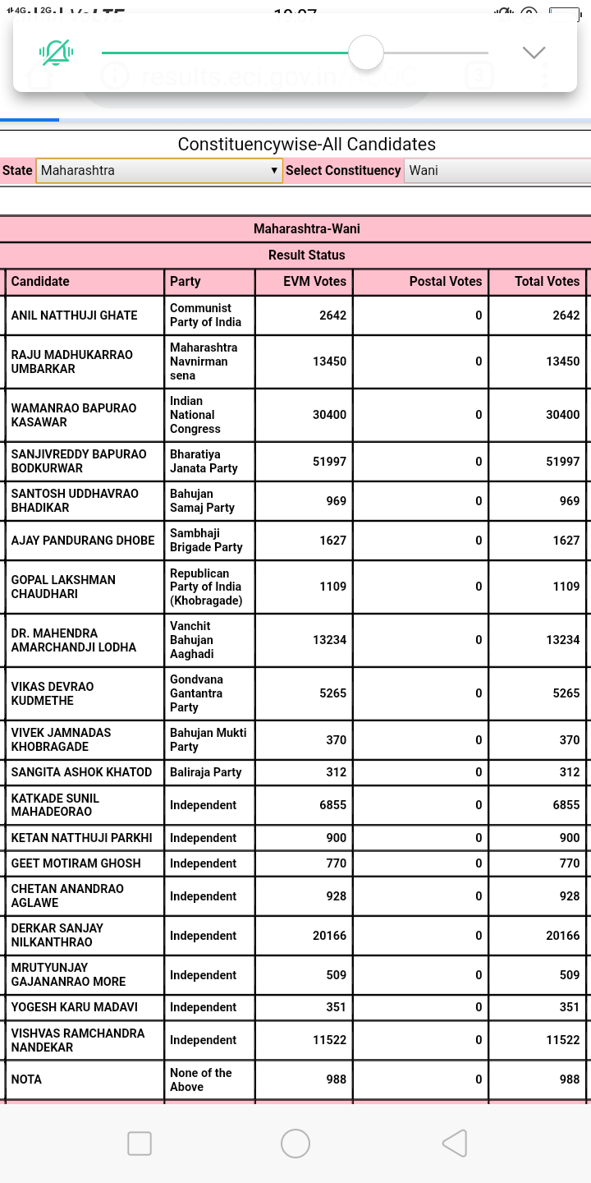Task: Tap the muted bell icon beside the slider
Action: pos(56,53)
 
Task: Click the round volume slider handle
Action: pos(366,53)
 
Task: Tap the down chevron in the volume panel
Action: pos(534,53)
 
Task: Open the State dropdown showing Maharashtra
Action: pos(159,171)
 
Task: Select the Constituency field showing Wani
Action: pos(497,171)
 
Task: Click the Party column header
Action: pos(186,282)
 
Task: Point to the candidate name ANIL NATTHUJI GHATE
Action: pos(74,315)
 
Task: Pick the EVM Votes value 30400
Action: pos(329,415)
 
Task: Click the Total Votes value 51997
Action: pos(562,461)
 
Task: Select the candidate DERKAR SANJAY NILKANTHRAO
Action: pos(57,935)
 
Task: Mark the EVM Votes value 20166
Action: pos(329,936)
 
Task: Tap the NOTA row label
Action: pos(26,1079)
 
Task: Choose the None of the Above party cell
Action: pos(201,1079)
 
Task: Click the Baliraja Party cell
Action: pos(205,772)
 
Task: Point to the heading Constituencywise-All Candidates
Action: pos(307,145)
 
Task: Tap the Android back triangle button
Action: pos(455,1143)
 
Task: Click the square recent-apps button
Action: pos(140,1143)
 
